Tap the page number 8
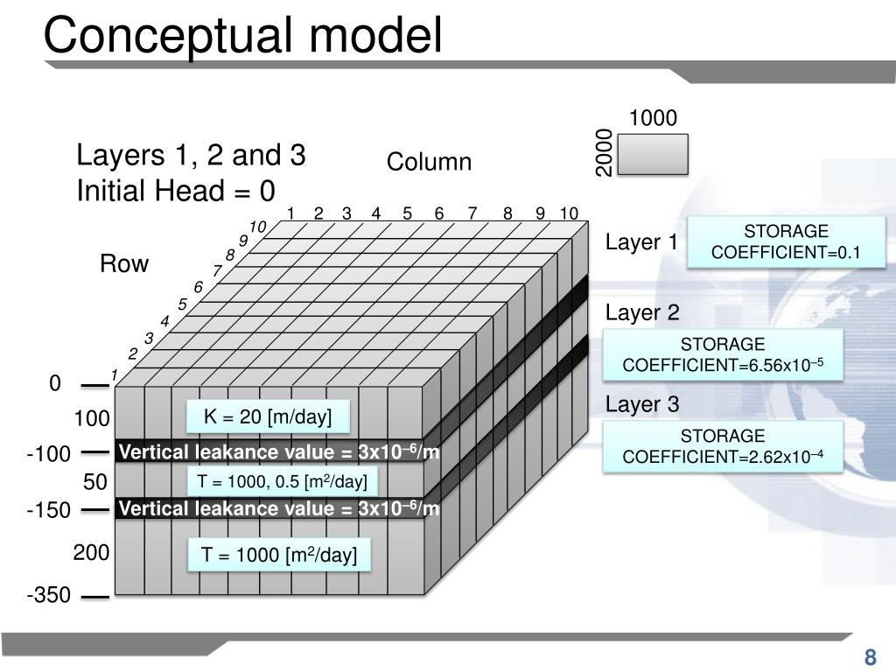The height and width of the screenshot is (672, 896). [870, 658]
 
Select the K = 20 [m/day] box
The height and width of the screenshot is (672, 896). [268, 417]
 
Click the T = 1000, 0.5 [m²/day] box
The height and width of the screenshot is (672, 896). [281, 481]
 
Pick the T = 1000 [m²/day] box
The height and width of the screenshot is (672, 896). [280, 556]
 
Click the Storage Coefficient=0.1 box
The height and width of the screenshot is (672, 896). [786, 242]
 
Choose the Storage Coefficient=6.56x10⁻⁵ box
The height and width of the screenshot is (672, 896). [723, 354]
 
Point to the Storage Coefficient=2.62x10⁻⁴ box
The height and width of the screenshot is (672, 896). [723, 446]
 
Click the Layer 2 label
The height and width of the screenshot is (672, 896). [642, 313]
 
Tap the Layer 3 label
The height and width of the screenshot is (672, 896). [642, 404]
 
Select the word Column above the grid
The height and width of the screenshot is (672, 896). [429, 163]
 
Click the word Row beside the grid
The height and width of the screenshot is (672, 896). [124, 264]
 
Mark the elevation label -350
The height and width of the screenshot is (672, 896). [48, 596]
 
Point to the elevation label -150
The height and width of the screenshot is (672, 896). [48, 510]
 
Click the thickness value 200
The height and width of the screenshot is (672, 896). [91, 553]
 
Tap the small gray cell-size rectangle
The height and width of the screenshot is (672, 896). [653, 154]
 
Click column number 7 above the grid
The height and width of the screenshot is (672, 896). [472, 213]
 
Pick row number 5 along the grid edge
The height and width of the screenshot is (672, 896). [183, 304]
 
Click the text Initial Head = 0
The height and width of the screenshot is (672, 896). [176, 191]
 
